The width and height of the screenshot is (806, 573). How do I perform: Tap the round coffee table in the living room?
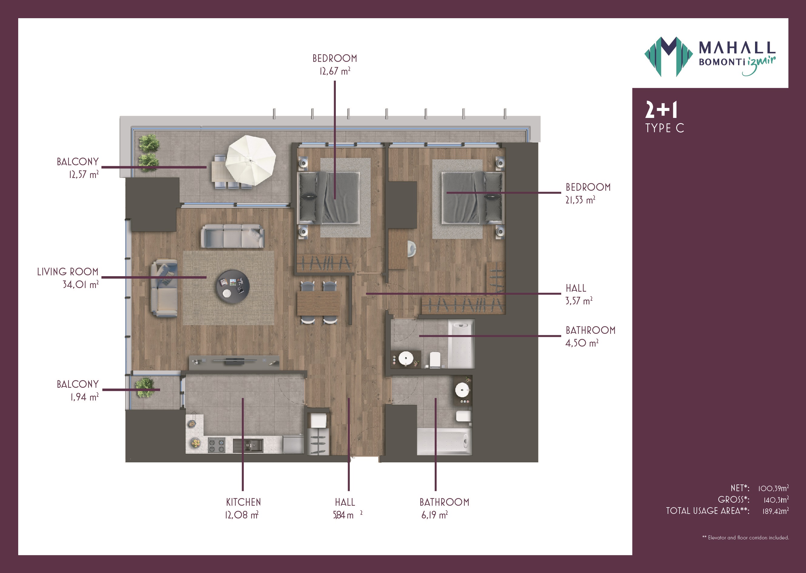(233, 286)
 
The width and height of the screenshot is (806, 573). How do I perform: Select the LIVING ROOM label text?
(68, 272)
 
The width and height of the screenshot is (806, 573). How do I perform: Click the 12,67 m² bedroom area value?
(335, 71)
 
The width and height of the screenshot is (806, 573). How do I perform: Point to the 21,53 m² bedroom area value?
(580, 200)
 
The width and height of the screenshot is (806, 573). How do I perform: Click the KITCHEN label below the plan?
(243, 502)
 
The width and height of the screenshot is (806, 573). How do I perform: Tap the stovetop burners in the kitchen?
(216, 445)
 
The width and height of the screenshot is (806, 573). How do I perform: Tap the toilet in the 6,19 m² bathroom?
(464, 416)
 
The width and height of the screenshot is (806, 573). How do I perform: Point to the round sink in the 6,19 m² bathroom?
(462, 390)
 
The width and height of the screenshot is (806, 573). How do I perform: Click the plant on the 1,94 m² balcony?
(145, 387)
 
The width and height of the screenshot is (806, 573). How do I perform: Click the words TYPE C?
(664, 128)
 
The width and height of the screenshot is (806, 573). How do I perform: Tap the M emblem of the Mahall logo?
(668, 56)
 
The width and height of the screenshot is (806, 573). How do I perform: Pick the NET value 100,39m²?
(773, 488)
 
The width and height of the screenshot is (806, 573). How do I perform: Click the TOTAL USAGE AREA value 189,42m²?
(775, 511)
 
